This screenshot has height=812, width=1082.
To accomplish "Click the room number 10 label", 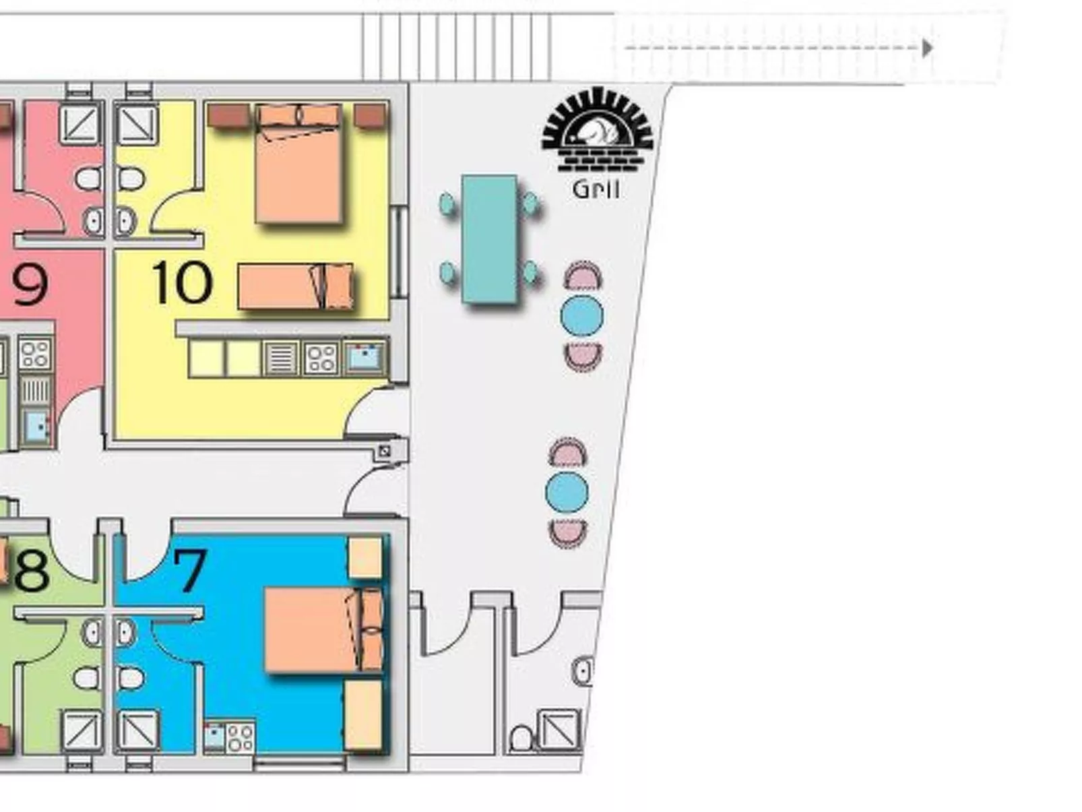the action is (183, 282).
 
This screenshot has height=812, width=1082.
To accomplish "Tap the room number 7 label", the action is (190, 570).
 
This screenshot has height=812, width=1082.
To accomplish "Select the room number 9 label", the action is (30, 286).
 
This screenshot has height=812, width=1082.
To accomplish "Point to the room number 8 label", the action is (32, 571).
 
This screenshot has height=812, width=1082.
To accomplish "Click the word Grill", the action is (596, 189).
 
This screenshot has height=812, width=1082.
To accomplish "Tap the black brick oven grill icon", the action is (598, 129).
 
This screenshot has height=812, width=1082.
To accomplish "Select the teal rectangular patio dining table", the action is (489, 239).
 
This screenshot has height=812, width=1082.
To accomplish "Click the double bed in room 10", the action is (298, 163).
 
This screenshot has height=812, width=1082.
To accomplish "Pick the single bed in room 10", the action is (295, 286).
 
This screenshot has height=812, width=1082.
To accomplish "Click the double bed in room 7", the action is (323, 629).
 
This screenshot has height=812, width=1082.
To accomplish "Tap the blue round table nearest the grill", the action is (581, 316).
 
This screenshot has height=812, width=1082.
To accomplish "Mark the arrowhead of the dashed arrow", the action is (928, 48).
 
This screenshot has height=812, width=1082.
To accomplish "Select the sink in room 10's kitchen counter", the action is (365, 356).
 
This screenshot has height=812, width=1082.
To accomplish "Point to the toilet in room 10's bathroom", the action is (131, 178).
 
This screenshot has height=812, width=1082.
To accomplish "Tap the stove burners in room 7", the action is (241, 738).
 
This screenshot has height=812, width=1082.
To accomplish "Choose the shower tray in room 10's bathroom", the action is (137, 124).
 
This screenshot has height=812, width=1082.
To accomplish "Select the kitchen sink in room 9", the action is (36, 425).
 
